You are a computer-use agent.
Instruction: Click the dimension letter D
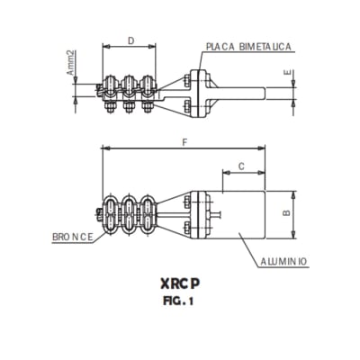(x=131, y=41)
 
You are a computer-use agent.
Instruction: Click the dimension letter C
(x=240, y=166)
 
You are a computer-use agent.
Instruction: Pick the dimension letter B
(x=285, y=213)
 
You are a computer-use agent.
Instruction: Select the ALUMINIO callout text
(x=284, y=261)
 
